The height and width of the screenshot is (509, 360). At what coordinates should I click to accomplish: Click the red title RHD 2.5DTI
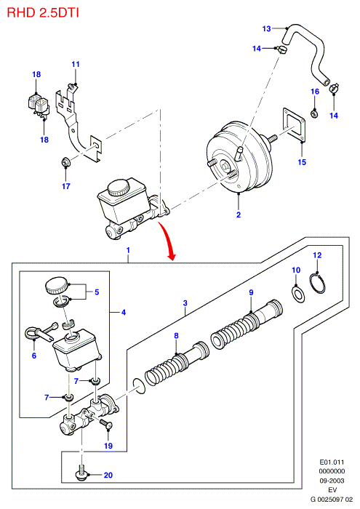tap(43, 13)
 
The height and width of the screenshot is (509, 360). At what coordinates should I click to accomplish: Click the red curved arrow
tap(167, 240)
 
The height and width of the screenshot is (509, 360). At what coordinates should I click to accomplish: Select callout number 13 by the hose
tap(266, 29)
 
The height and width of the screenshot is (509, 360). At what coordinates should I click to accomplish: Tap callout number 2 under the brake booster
tap(239, 215)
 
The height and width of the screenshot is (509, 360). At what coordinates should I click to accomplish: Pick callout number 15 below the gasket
tap(302, 162)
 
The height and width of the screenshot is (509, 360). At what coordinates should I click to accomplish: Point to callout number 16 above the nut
tap(315, 92)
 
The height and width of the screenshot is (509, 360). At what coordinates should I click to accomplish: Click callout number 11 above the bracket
tap(76, 64)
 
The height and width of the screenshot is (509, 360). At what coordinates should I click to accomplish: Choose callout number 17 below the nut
tap(66, 186)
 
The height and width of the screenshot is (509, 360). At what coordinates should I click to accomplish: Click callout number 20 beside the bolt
tap(108, 476)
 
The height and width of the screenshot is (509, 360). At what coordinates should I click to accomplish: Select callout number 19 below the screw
tap(108, 446)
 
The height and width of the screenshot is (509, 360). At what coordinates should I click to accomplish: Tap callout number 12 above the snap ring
tap(317, 255)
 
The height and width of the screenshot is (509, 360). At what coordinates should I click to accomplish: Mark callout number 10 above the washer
tap(296, 270)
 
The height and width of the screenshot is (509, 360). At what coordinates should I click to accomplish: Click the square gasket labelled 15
tap(293, 124)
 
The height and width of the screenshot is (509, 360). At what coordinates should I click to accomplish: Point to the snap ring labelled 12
tap(317, 283)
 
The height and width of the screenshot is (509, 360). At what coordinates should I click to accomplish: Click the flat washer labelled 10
tap(297, 294)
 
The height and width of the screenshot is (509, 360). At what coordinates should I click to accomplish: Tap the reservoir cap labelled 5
tap(57, 285)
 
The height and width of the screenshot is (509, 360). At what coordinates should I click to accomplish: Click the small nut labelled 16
tap(314, 113)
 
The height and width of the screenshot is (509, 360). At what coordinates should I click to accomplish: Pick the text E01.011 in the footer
tap(332, 462)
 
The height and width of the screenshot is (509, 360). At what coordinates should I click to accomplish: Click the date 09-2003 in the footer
tap(332, 481)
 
